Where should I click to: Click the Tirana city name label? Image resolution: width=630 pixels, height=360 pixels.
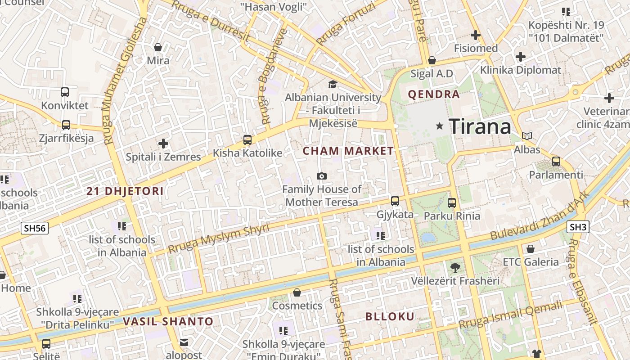coord(480,126)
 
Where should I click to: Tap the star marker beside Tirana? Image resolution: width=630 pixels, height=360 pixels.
coord(440,126)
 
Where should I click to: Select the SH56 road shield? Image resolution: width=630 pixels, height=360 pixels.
coord(35,228)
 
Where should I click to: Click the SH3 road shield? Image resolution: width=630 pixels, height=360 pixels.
coord(578,227)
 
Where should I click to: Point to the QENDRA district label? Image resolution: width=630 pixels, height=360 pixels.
coord(434,94)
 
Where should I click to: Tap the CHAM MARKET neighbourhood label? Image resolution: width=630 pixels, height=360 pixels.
coord(348,151)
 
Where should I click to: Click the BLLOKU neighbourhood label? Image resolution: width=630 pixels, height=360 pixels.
coord(390,316)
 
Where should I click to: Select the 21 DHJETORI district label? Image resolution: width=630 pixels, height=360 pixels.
coord(125,191)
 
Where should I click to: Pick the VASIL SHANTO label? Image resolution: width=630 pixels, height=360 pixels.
coord(168,321)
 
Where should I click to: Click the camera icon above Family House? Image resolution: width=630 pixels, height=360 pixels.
coord(322,176)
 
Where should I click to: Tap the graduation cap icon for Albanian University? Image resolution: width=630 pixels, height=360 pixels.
coord(333,84)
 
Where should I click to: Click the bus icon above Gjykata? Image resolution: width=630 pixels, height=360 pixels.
coord(395,201)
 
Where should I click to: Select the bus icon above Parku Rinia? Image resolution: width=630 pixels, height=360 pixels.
coord(452,202)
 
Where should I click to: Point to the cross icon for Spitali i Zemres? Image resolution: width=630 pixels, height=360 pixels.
coord(163,144)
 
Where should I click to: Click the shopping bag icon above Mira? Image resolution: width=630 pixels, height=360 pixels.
coord(158,47)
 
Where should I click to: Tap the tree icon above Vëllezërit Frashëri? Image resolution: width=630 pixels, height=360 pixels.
coord(455,268)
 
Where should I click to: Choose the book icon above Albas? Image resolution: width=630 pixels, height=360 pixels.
coord(526,136)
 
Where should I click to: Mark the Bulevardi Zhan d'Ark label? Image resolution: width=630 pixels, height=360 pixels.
coord(539,218)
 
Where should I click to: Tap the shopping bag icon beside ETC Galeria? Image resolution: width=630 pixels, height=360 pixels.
coord(531,248)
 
